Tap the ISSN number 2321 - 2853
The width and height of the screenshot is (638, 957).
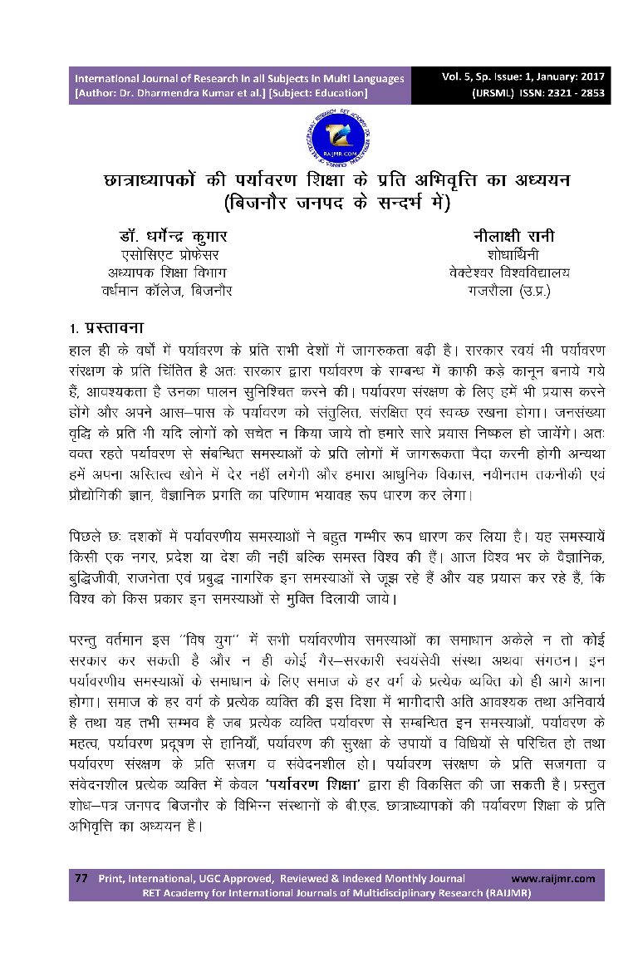[x=567, y=93]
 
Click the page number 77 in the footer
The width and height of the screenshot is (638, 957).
[x=81, y=878]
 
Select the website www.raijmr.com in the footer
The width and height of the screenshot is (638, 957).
[x=552, y=878]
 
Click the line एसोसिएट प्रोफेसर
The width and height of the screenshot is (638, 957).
[x=170, y=254]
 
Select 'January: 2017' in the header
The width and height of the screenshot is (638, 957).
[x=567, y=77]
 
